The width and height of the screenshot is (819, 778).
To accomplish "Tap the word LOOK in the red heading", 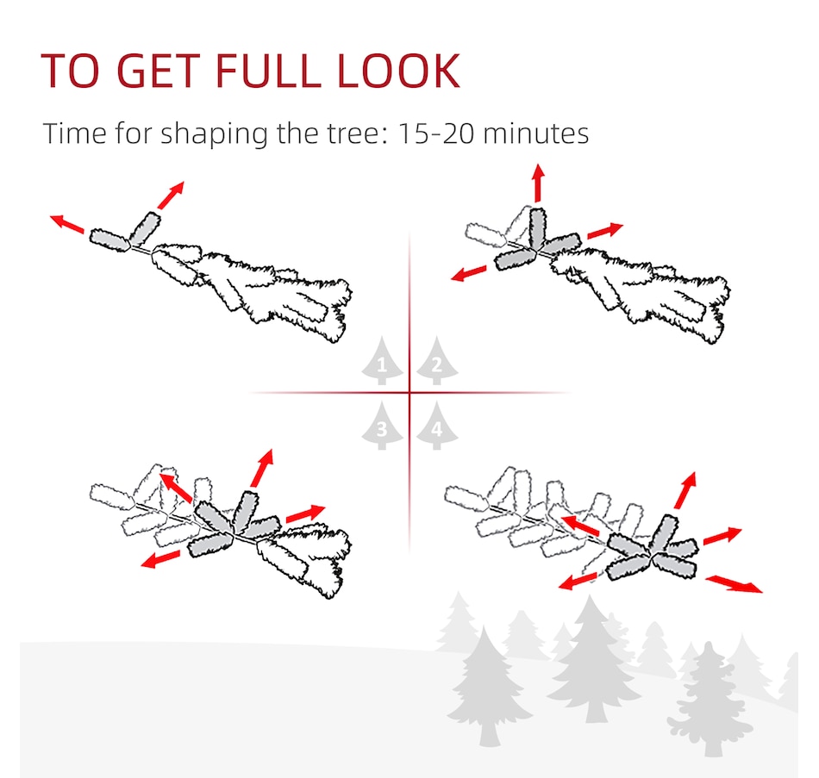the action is click(398, 71).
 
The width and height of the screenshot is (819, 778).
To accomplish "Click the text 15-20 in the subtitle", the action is click(436, 134).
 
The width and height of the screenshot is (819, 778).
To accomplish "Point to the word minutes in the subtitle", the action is click(536, 134).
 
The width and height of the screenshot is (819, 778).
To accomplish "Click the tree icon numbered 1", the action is click(382, 361).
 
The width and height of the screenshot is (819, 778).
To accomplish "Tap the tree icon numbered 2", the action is click(437, 361).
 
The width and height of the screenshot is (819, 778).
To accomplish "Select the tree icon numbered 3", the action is click(382, 426).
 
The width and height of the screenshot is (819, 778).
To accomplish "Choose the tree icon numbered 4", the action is click(437, 426).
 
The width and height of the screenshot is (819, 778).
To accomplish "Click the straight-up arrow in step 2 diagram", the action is click(539, 183).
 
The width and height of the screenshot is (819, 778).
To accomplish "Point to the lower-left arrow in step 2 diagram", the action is click(468, 273).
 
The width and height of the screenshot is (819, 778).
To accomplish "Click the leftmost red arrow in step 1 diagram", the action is click(67, 223).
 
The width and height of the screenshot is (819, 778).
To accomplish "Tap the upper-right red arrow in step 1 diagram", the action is click(171, 195).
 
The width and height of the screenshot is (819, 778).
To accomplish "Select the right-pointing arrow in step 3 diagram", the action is click(305, 513).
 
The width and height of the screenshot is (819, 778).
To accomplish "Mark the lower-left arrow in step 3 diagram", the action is click(160, 559).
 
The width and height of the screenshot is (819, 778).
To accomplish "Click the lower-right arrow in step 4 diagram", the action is click(734, 584).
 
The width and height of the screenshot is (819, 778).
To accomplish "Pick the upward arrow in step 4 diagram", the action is click(685, 490).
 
